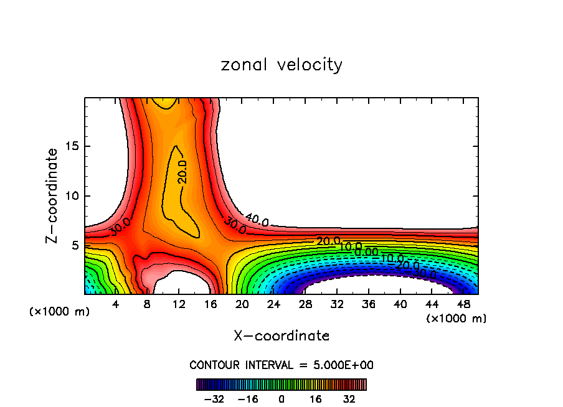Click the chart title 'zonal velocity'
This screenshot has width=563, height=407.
click(281, 65)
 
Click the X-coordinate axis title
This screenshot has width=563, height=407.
click(281, 336)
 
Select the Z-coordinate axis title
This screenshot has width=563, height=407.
click(52, 195)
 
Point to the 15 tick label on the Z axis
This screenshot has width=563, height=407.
click(72, 146)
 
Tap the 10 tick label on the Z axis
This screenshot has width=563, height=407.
click(72, 196)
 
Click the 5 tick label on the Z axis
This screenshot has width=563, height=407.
click(75, 245)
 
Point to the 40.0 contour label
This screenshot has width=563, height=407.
click(257, 219)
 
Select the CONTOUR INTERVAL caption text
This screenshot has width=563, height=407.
click(281, 365)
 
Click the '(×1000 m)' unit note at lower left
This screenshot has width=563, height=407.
click(60, 311)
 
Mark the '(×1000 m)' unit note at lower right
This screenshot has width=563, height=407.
click(457, 318)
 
